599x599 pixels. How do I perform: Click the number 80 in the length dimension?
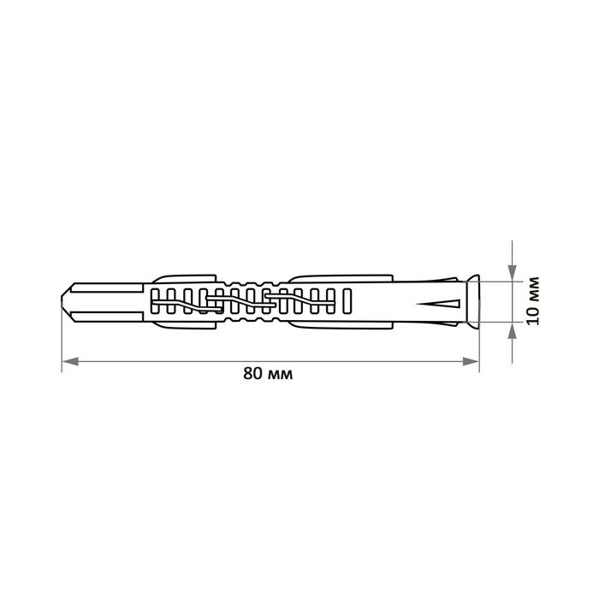pos(253,373)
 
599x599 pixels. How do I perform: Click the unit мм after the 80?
pos(281,375)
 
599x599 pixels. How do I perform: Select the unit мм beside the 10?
pos(533,289)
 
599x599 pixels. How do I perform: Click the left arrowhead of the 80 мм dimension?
pos(70,361)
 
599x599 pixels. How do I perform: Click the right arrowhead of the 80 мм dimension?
pos(471,361)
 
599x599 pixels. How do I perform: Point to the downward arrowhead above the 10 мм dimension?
pos(512,273)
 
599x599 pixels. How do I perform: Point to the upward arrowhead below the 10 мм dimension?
pos(512,330)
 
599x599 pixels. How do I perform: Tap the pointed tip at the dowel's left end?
pos(62,302)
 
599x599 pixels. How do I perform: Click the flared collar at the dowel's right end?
pos(473,302)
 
